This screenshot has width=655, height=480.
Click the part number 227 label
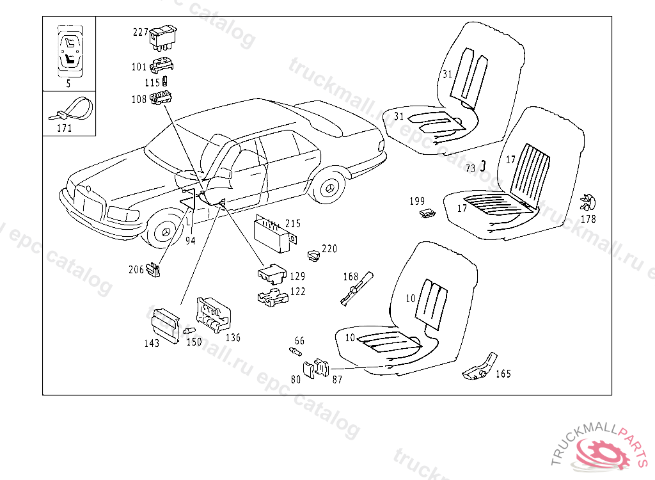[x=140, y=32]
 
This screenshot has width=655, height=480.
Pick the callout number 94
[x=190, y=241]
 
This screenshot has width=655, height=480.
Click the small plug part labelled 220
[x=313, y=255]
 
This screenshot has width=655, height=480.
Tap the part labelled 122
[x=272, y=298]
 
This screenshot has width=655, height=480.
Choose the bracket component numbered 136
[x=212, y=314]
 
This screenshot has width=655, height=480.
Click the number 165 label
[x=503, y=374]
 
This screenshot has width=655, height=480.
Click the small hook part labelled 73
[x=484, y=166]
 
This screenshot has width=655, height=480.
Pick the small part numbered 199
[x=427, y=213]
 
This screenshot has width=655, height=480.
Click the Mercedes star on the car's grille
[x=88, y=189]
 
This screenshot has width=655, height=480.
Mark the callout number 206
[x=136, y=270]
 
